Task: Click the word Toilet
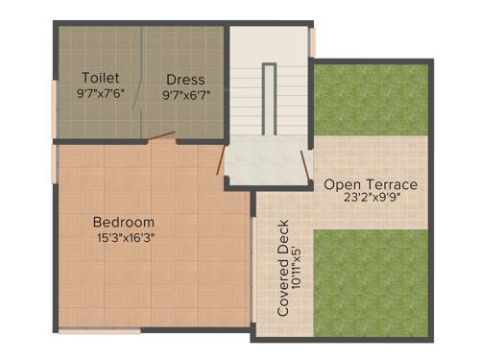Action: (100, 78)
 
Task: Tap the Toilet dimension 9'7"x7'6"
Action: (100, 94)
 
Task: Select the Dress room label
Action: (184, 78)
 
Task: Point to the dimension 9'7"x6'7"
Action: (185, 94)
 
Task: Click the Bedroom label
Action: (125, 222)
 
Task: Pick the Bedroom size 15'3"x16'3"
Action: (125, 237)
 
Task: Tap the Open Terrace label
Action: (370, 184)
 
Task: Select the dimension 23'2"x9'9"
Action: (370, 200)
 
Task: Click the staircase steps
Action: (269, 96)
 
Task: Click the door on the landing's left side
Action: (222, 160)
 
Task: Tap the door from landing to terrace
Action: (307, 163)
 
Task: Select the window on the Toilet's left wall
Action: (55, 96)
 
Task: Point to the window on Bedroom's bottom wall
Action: (100, 332)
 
